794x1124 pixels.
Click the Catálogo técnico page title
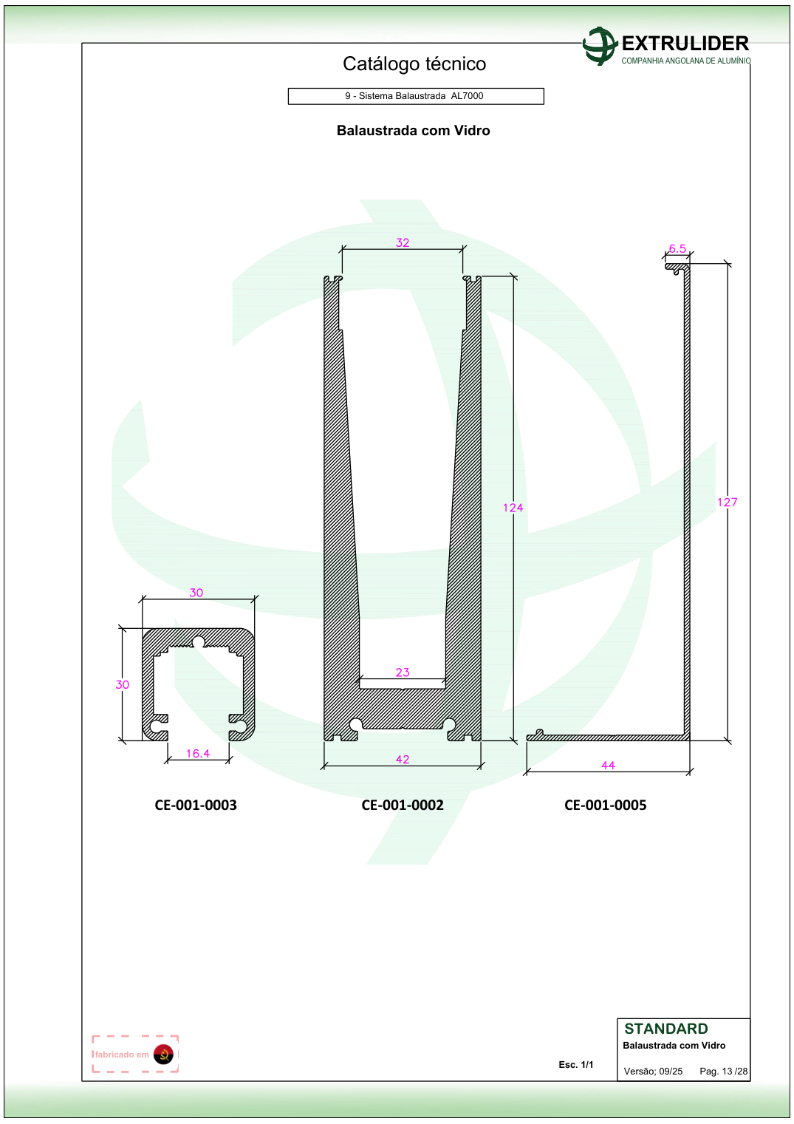[x=414, y=64]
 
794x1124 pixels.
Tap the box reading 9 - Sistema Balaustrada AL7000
[x=416, y=96]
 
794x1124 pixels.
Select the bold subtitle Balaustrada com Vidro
[x=414, y=131]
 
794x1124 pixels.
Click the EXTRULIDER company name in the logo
[x=685, y=44]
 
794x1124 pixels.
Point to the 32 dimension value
[x=403, y=243]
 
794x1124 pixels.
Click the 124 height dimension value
[x=513, y=508]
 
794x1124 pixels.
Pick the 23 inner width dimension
[x=403, y=672]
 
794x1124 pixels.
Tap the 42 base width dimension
[x=403, y=759]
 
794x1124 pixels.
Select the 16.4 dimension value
[x=198, y=753]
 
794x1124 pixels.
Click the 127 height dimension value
[x=727, y=503]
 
